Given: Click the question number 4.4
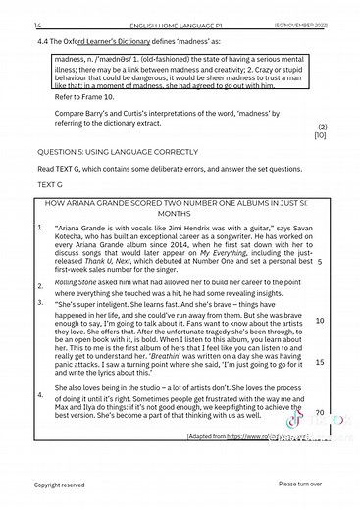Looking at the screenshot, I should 42,41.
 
